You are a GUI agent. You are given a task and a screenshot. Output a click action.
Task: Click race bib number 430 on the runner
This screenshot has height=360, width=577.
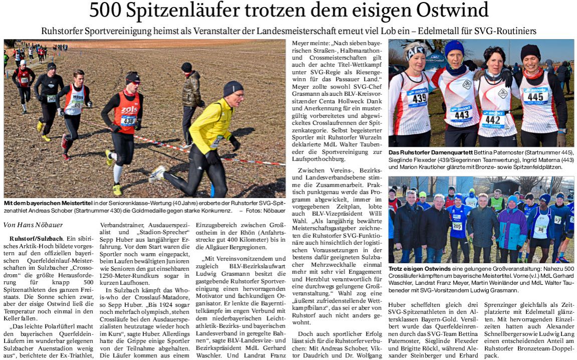pos(128,120)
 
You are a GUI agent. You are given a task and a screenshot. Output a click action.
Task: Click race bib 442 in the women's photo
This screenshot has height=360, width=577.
pos(492,119)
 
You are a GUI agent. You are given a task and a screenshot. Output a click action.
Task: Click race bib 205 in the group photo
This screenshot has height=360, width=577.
pos(457,226)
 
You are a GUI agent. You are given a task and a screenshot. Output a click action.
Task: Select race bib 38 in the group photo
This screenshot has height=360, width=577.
pos(540,229)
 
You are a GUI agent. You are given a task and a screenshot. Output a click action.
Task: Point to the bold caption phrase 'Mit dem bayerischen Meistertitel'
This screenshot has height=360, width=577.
pos(45,203)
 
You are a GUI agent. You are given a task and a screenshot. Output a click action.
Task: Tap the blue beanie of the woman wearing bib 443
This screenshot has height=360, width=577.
pos(454,49)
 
